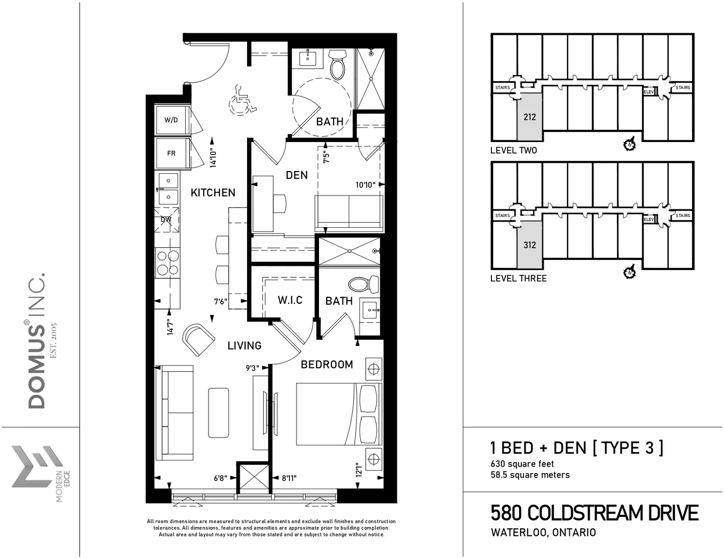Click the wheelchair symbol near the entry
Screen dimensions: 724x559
[242, 100]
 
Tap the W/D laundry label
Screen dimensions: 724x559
[171, 120]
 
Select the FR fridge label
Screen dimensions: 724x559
[171, 153]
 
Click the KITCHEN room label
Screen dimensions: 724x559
[213, 192]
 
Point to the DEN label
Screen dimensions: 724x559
[296, 175]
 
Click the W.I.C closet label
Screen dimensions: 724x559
[290, 300]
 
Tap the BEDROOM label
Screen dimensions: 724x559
[327, 365]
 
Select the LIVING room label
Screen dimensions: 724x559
[244, 346]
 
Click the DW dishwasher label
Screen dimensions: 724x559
[166, 219]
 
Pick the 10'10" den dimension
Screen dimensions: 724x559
[366, 185]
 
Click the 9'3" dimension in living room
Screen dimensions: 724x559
[252, 368]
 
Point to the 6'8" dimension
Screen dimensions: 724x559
[220, 478]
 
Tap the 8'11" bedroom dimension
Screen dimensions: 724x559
[289, 478]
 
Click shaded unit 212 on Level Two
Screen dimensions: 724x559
[529, 117]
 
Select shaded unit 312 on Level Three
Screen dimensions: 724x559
[529, 245]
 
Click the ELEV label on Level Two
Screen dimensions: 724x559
[648, 92]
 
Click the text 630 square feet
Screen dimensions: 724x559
[522, 464]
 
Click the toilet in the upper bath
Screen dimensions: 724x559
[338, 65]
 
